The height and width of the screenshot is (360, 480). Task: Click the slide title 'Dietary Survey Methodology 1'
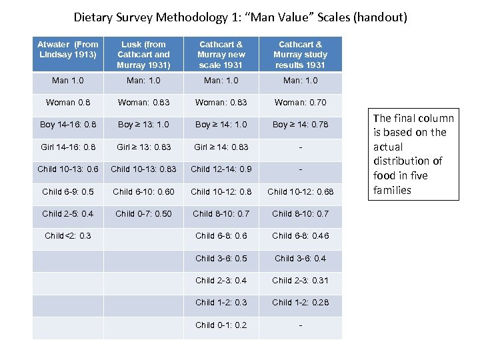[x=240, y=17]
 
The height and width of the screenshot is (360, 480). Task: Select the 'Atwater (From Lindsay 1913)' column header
[x=68, y=49]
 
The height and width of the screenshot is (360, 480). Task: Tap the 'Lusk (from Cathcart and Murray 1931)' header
[x=143, y=55]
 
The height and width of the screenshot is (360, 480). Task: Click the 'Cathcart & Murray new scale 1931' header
[x=222, y=55]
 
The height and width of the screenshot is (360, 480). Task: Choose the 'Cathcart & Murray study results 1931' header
[x=300, y=55]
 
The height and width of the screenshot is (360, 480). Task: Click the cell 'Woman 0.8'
[x=68, y=103]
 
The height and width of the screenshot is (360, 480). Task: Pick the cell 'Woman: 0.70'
[x=300, y=103]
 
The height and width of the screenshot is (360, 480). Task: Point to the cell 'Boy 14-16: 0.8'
[x=68, y=125]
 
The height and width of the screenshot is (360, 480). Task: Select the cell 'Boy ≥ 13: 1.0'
[x=143, y=125]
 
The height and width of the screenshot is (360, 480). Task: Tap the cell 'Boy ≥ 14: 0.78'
[x=300, y=125]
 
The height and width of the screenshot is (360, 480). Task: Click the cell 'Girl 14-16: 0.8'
[x=68, y=147]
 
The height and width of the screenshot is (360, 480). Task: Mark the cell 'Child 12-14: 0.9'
[x=222, y=169]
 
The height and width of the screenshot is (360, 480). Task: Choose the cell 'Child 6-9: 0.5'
[x=68, y=192]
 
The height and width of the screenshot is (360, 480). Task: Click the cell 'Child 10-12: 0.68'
[x=300, y=192]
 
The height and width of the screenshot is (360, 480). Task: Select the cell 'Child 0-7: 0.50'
[x=143, y=214]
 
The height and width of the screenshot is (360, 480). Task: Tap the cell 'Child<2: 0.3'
[x=68, y=236]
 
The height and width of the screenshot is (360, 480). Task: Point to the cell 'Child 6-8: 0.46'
[x=300, y=236]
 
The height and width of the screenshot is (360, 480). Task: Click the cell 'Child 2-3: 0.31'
[x=300, y=281]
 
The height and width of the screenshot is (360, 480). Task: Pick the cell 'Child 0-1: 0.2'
[x=222, y=325]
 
